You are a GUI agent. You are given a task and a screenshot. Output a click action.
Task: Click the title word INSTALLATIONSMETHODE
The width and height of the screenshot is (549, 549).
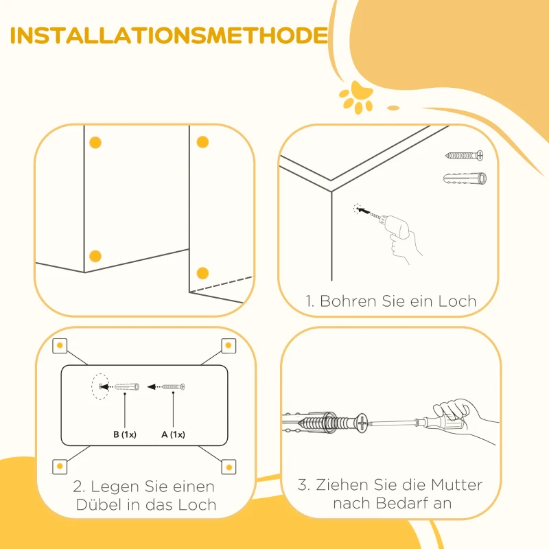pyautogui.click(x=169, y=36)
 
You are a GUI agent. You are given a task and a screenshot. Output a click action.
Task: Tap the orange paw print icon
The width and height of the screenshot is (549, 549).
pyautogui.click(x=356, y=97)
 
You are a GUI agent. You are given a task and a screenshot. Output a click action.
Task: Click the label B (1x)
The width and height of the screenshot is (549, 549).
pyautogui.click(x=125, y=434)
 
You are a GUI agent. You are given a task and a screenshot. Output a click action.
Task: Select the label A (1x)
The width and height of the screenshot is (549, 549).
pyautogui.click(x=173, y=434)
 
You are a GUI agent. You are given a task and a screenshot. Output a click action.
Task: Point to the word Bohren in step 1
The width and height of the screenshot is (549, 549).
pyautogui.click(x=349, y=301)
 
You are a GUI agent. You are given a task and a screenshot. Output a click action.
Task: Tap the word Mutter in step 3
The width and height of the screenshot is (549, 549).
pyautogui.click(x=456, y=485)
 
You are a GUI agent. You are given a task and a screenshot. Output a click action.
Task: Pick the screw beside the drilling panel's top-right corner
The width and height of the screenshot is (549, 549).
pyautogui.click(x=465, y=155)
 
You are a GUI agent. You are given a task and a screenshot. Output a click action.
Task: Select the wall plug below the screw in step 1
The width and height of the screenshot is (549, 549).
pyautogui.click(x=465, y=178)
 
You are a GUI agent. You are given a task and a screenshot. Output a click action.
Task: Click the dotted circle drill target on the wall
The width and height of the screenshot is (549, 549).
pyautogui.click(x=357, y=209)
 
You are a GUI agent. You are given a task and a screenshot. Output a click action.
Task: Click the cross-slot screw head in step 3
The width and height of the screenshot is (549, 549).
pyautogui.click(x=362, y=423)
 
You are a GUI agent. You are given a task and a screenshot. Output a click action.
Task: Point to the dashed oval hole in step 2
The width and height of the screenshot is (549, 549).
pyautogui.click(x=100, y=386)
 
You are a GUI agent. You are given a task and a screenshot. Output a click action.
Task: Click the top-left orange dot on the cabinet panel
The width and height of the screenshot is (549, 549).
pyautogui.click(x=95, y=143)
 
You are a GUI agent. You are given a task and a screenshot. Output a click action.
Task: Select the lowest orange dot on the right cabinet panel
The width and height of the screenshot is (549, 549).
pyautogui.click(x=202, y=273)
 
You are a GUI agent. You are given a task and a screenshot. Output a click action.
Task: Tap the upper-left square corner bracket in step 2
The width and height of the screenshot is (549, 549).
pyautogui.click(x=60, y=346)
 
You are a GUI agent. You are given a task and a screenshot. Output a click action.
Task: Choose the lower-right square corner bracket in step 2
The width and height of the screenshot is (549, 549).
pyautogui.click(x=229, y=467)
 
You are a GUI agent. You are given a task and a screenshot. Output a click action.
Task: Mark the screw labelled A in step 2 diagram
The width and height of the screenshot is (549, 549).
pyautogui.click(x=173, y=387)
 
